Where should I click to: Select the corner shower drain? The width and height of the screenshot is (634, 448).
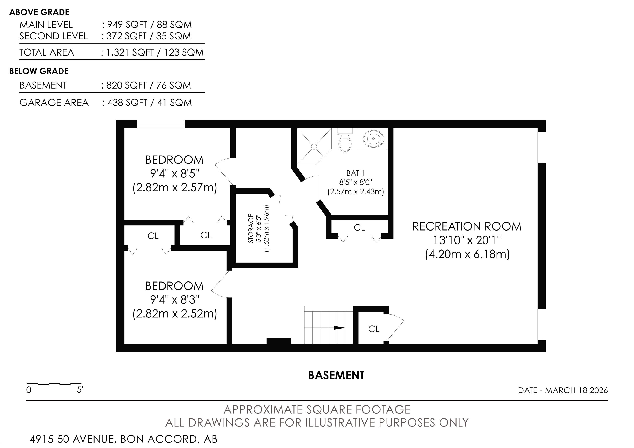[x=314, y=147]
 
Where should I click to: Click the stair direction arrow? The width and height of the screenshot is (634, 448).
[x=339, y=328]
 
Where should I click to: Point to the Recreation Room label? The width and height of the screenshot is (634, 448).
[x=467, y=227]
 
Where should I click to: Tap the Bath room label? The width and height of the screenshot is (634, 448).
[x=355, y=173]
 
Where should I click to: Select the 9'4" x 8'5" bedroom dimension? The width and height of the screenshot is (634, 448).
[x=175, y=174]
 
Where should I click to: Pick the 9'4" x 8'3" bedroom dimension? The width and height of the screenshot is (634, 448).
[x=175, y=299]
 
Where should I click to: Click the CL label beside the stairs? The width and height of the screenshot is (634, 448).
[x=374, y=329]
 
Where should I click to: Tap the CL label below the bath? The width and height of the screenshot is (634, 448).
[x=359, y=227]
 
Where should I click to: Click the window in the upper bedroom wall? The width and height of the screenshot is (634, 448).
[x=161, y=124]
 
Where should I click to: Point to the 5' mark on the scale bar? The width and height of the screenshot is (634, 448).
[x=80, y=390]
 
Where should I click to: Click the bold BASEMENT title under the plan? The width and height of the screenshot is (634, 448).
[x=336, y=375]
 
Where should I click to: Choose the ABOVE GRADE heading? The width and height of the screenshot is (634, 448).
[x=39, y=12]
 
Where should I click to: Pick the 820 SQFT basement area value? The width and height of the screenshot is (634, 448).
[x=127, y=85]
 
